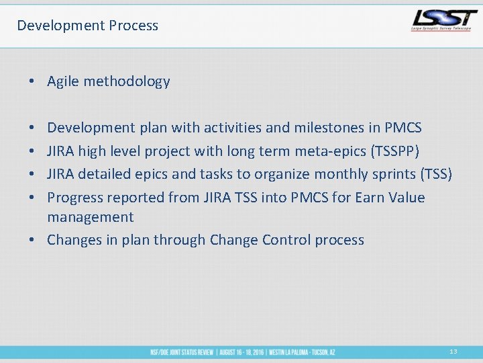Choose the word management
tap(91, 217)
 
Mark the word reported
tap(137, 198)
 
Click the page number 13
tap(453, 352)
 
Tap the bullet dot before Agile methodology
tap(32, 82)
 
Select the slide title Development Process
tap(87, 26)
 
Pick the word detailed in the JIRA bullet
tap(105, 174)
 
